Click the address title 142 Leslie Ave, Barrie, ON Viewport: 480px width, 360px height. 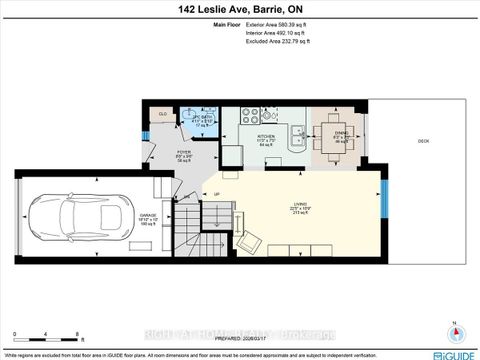coord(240,9)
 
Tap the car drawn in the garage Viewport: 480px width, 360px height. coord(74,213)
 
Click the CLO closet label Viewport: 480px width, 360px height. coord(163,114)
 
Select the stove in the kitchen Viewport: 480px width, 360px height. coord(232,155)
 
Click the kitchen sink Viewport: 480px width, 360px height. coord(296,135)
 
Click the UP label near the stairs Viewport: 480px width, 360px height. coord(217,192)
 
